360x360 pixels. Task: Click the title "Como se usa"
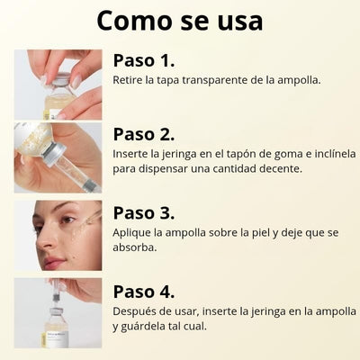pos(180,21)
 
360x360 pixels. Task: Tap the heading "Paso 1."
pos(144,60)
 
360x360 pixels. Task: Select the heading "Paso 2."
pos(144,134)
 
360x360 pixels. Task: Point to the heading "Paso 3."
pos(144,213)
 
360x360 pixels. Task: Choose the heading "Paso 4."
pos(144,292)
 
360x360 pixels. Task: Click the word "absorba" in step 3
pos(135,247)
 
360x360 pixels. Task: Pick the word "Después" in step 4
pos(133,311)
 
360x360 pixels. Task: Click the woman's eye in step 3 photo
pos(67,220)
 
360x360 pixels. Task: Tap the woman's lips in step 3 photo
pos(53,262)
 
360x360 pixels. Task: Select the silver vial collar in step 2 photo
pos(54,154)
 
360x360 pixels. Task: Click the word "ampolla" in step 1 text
pos(299,81)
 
